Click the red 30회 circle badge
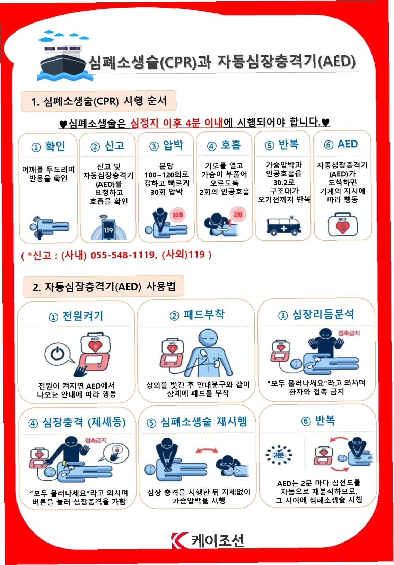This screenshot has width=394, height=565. click(x=178, y=215)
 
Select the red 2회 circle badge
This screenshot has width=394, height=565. click(x=238, y=215)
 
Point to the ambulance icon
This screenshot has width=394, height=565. click(x=283, y=226)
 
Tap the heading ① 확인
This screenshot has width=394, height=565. click(x=48, y=146)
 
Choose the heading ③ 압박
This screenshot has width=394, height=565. click(x=166, y=145)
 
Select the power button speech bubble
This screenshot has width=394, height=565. click(x=59, y=354)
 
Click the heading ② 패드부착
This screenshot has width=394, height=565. click(x=197, y=315)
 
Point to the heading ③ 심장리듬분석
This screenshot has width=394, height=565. click(x=316, y=314)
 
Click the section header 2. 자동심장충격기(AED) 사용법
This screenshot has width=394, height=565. click(x=104, y=287)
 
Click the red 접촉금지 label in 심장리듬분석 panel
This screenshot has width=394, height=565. click(x=349, y=333)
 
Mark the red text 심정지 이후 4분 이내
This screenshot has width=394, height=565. click(x=177, y=122)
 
